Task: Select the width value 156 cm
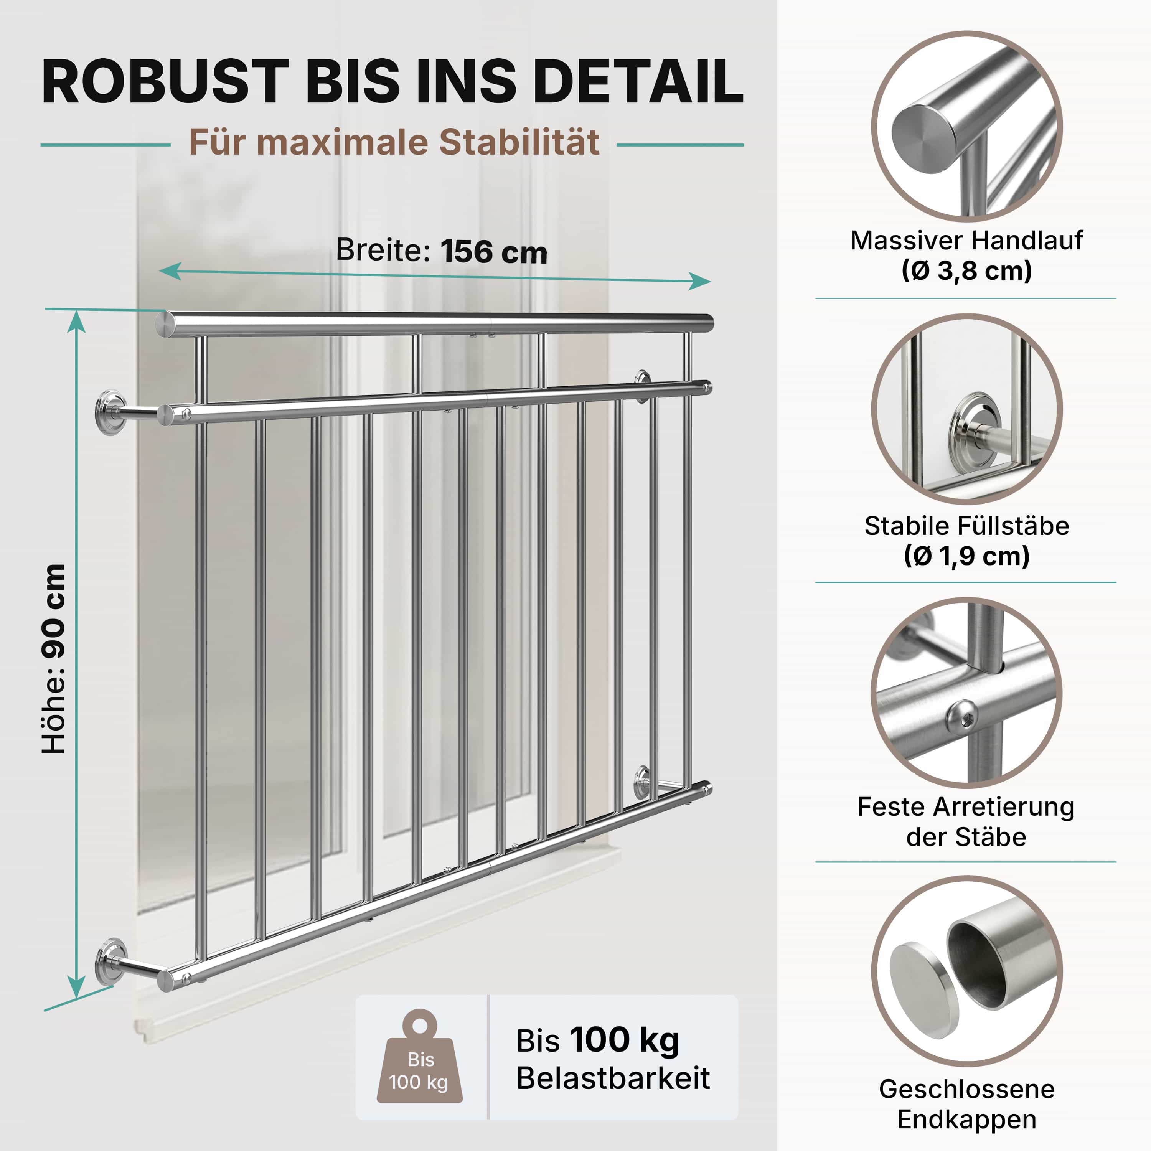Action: tap(494, 252)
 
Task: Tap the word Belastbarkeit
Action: tap(613, 1078)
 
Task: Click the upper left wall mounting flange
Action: tap(111, 412)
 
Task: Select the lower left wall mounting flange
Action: tap(111, 961)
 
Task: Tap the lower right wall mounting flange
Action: tap(642, 782)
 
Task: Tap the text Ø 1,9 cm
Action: tap(966, 556)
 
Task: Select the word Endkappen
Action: tap(966, 1119)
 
